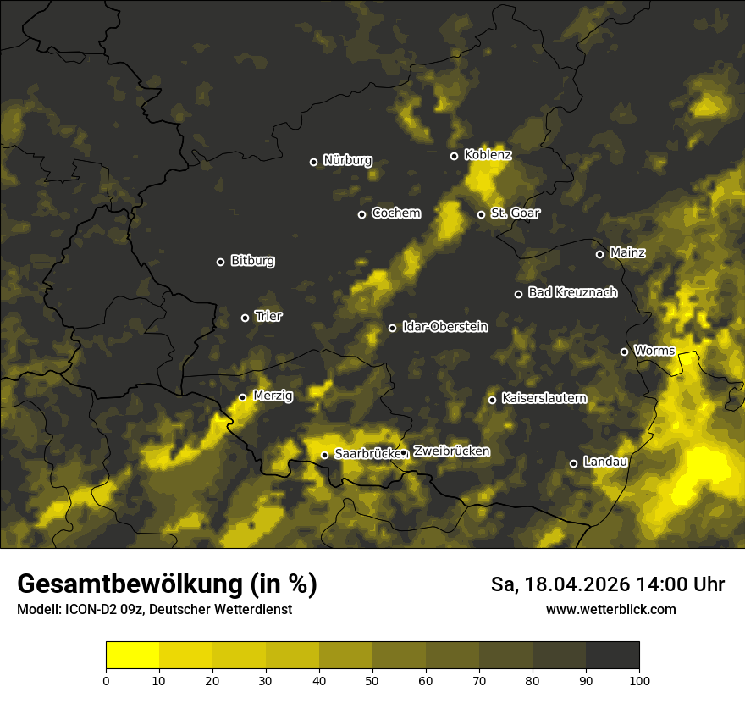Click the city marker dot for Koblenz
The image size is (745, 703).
[455, 156]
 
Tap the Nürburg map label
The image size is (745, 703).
[348, 161]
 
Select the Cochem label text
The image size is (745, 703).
[395, 213]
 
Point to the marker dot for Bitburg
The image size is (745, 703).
[221, 262]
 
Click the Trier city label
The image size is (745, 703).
[268, 317]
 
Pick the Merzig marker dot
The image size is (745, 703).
[242, 397]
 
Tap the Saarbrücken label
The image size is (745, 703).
[367, 454]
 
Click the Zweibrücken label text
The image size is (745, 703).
[451, 451]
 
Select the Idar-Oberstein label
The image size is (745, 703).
[444, 327]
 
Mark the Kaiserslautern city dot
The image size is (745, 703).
[492, 400]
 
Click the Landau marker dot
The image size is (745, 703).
[573, 463]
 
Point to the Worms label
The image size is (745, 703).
[654, 351]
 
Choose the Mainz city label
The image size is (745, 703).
[627, 253]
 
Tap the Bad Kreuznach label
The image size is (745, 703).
[572, 293]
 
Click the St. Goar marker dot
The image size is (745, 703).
[481, 214]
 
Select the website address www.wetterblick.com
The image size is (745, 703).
[611, 609]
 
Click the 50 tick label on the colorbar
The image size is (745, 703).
[372, 679]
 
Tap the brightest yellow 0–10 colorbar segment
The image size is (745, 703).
[133, 656]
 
